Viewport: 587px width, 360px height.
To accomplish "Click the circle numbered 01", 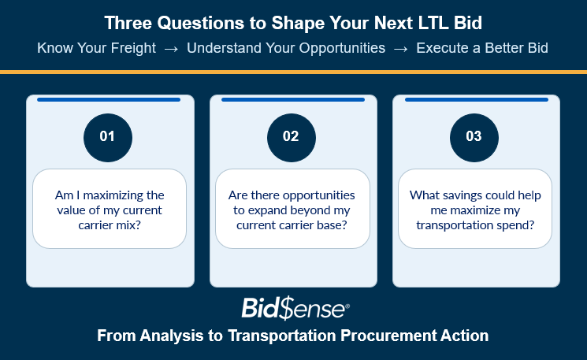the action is [x=108, y=138].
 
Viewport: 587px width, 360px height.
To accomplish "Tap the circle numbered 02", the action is [x=292, y=138].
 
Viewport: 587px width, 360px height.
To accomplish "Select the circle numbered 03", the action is [x=474, y=138].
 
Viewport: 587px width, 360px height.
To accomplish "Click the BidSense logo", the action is [x=295, y=309].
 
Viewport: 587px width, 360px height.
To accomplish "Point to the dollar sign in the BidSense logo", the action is [x=287, y=309].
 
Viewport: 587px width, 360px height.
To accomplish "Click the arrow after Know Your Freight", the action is [x=171, y=49].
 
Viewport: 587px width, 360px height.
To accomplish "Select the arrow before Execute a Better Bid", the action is [x=400, y=49].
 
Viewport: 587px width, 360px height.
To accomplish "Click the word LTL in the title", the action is [x=433, y=23].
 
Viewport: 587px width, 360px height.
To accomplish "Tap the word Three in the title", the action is [x=128, y=23].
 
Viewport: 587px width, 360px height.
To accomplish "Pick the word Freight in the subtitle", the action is [x=133, y=48].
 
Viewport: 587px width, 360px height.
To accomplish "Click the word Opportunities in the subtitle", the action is [x=342, y=48].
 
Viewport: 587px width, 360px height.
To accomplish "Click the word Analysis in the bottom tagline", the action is [x=172, y=336].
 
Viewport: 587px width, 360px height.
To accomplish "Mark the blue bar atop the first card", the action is [x=109, y=99].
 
